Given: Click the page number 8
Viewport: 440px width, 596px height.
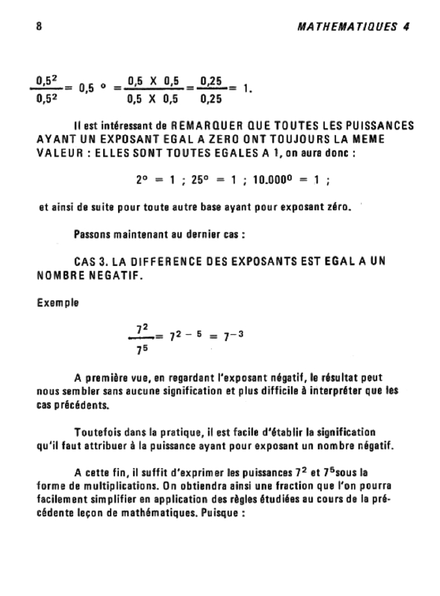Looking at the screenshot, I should click(x=38, y=27).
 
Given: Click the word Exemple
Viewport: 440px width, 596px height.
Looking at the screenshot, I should click(x=58, y=303).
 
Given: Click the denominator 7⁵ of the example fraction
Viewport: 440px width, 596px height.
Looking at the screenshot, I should click(x=140, y=350).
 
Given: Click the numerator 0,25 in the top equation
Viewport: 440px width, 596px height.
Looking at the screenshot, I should click(x=211, y=80).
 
